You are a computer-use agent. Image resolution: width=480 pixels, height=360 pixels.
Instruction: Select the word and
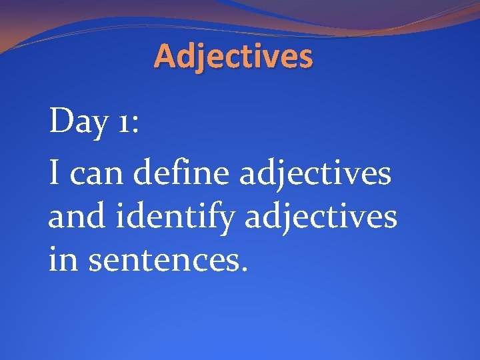click(73, 217)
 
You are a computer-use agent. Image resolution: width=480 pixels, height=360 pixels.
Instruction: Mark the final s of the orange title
click(304, 59)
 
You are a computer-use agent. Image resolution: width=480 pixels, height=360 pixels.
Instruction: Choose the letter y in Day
click(96, 129)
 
